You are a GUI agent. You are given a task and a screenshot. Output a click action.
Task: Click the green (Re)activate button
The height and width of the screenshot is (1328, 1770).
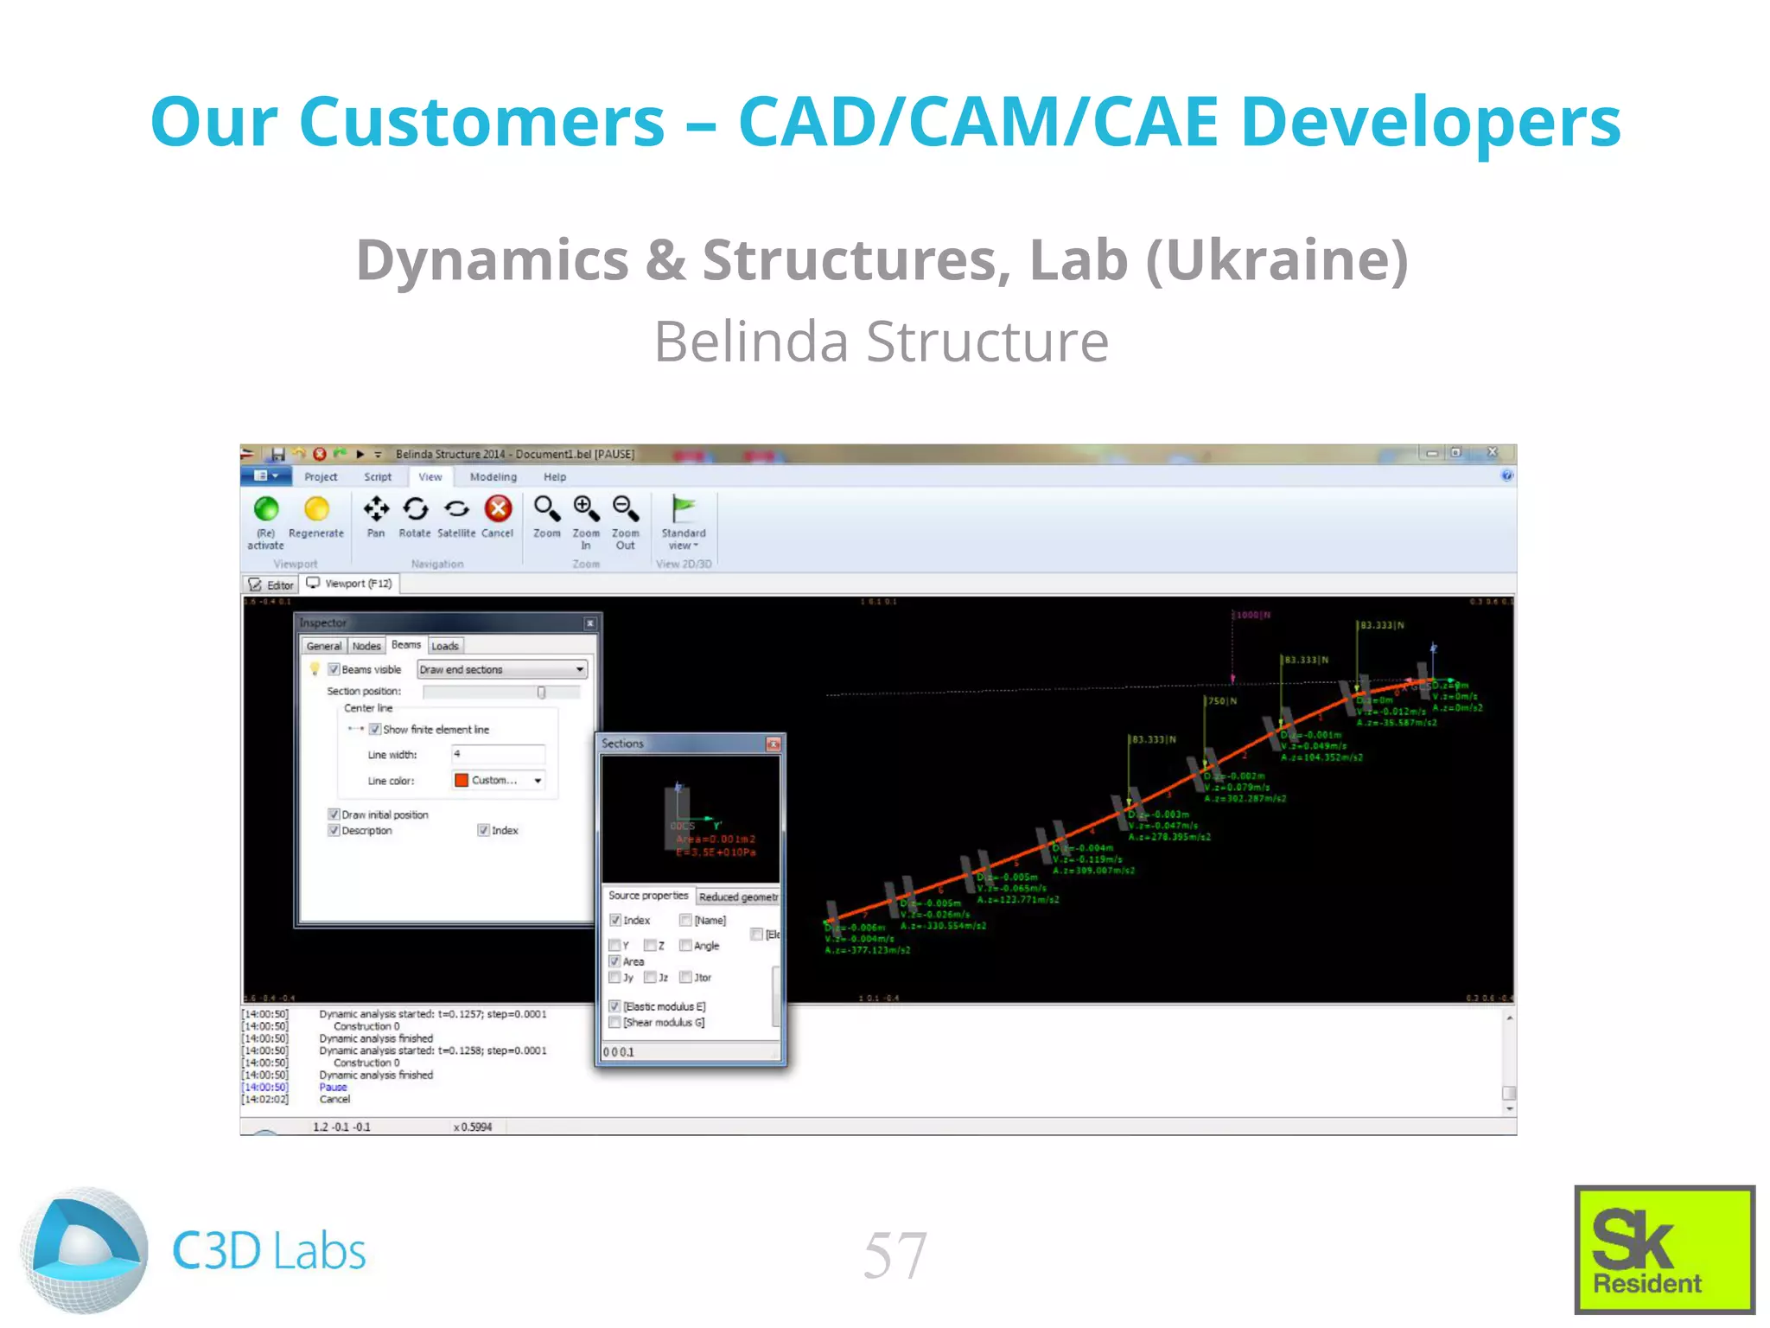266,509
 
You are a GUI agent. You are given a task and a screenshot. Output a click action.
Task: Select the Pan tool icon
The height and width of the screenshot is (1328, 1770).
376,509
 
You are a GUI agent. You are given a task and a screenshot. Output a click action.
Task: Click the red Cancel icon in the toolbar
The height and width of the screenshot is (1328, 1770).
498,508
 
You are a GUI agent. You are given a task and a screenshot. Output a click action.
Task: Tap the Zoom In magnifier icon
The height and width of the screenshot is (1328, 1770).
586,508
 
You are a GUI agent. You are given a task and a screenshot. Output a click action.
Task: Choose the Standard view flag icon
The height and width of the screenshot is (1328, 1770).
684,509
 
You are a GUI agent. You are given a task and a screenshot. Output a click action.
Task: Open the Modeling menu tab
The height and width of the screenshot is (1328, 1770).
493,476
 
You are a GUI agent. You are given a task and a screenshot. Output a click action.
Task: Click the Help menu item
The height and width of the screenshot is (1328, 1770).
555,476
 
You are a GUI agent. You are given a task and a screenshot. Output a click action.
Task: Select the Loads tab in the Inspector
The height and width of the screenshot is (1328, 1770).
445,646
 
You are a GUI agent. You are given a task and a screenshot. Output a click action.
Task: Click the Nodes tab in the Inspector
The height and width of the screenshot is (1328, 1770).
366,646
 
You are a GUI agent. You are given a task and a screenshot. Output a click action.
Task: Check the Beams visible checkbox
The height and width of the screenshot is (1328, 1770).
334,669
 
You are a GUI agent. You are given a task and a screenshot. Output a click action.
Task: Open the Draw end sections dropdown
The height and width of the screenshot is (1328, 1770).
502,669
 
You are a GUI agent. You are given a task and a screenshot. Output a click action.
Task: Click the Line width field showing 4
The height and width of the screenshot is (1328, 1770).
498,754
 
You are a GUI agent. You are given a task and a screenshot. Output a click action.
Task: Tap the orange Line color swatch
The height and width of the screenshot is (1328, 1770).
462,780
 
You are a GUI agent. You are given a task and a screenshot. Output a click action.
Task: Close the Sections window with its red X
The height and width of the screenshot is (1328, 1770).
773,744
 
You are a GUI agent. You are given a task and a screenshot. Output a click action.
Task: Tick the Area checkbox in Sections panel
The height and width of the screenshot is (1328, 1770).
614,961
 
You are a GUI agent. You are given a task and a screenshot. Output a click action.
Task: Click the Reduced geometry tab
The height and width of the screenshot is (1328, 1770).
738,897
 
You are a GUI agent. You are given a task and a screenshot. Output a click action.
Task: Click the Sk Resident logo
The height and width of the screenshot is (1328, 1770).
1664,1249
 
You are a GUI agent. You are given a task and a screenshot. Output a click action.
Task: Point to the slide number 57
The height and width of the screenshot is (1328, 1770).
895,1255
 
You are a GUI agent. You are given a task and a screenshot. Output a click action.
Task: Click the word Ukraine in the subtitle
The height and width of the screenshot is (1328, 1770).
1277,259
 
